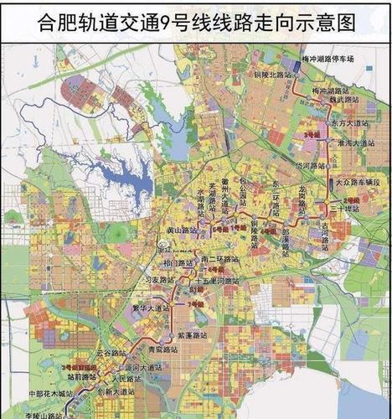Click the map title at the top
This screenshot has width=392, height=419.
[x=196, y=21]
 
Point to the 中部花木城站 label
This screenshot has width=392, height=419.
[x=48, y=391]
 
